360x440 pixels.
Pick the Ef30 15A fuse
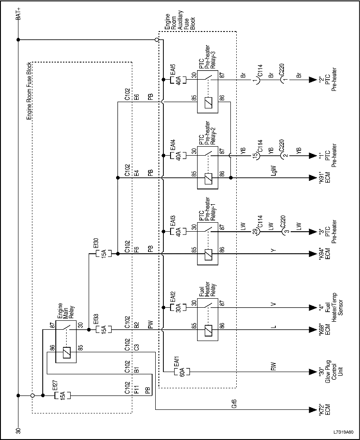[x=101, y=254]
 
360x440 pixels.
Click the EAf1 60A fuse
[x=182, y=372]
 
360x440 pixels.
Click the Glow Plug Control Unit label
[x=330, y=372]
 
